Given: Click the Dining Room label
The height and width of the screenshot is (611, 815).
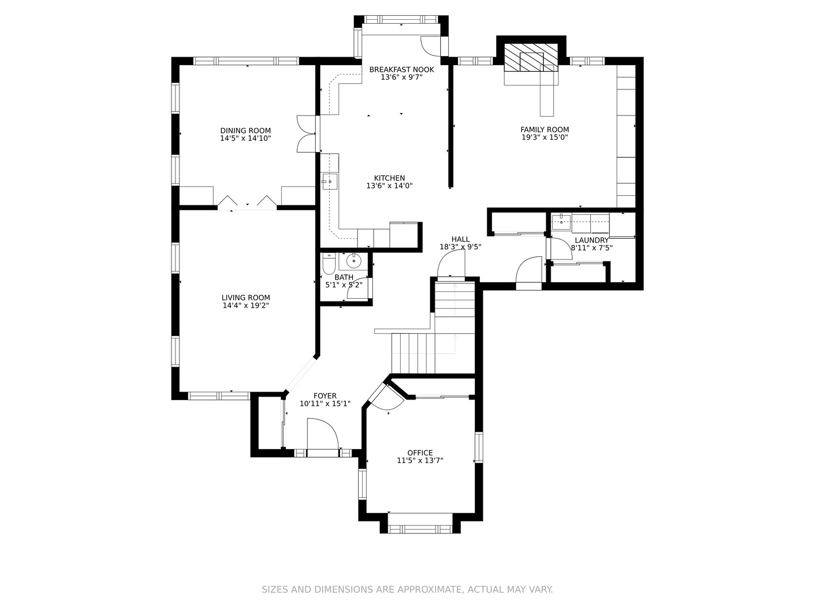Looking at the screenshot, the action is point(246,131).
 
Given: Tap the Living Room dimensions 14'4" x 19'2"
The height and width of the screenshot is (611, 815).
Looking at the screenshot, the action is point(246,305).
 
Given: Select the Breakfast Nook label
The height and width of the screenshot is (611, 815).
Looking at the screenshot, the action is point(401,70).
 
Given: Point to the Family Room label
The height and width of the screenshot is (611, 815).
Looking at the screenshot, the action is point(544,130).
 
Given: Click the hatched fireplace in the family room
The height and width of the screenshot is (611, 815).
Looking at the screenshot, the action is point(531,58).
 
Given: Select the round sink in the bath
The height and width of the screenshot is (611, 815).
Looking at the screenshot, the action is point(354,261).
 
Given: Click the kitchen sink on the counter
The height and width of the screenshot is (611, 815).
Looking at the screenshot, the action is point(330,182).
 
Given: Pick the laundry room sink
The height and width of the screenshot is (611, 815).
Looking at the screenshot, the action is point(561,222).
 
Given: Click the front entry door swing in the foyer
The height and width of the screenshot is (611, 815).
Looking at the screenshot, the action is point(322,434).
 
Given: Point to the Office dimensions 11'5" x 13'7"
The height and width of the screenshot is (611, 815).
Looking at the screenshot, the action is point(420,461).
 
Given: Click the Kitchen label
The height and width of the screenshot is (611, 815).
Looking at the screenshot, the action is point(389,178).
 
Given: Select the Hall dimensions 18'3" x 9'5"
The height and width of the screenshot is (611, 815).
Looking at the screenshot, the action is point(460,247).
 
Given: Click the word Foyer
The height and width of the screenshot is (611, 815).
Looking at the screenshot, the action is point(325,396).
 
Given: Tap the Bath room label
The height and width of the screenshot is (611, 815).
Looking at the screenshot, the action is point(344,277).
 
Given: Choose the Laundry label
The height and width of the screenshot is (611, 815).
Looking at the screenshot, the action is point(591,240).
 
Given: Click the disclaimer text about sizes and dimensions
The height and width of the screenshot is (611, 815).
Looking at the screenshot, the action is point(407,590).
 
